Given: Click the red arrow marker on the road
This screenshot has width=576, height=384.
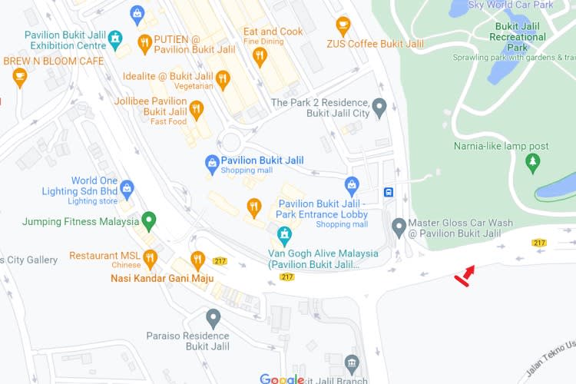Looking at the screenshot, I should pyautogui.click(x=465, y=276).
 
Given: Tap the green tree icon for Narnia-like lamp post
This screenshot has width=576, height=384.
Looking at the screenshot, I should pyautogui.click(x=532, y=163).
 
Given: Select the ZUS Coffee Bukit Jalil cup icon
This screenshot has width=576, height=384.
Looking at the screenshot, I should pyautogui.click(x=343, y=26).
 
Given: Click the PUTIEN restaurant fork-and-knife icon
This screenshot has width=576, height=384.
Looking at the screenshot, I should pyautogui.click(x=144, y=43).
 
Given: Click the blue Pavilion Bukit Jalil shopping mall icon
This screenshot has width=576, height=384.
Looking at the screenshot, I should pyautogui.click(x=212, y=162).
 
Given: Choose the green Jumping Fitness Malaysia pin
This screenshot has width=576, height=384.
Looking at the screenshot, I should pyautogui.click(x=150, y=221).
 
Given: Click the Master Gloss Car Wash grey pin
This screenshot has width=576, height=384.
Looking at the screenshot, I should pyautogui.click(x=399, y=227).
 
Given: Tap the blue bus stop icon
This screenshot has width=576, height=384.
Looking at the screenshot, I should pyautogui.click(x=389, y=192).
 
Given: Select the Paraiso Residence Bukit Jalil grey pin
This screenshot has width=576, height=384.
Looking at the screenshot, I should pyautogui.click(x=214, y=316).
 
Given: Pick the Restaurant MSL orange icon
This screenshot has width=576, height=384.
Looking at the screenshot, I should pyautogui.click(x=150, y=257).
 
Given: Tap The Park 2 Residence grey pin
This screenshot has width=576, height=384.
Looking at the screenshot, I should pyautogui.click(x=379, y=106).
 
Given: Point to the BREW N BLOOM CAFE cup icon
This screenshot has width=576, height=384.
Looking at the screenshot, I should pyautogui.click(x=20, y=76).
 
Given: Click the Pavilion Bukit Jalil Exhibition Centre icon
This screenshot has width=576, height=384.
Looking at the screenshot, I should pyautogui.click(x=115, y=38).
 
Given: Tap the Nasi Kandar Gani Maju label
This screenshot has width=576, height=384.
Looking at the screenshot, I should pyautogui.click(x=162, y=278).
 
